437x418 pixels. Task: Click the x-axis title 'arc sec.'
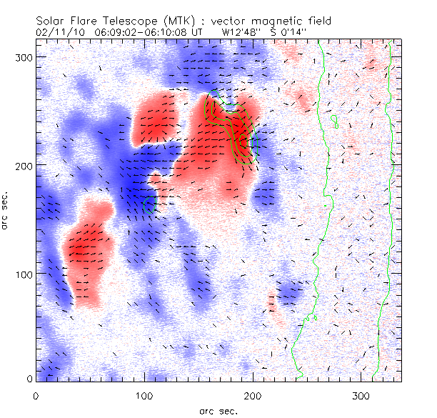pyautogui.click(x=218, y=409)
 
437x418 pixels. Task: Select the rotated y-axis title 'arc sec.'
pyautogui.click(x=6, y=213)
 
